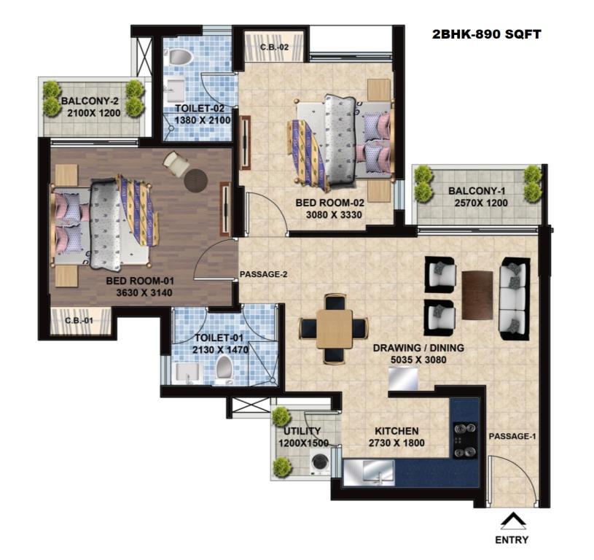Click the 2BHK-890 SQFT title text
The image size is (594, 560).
coord(486,34)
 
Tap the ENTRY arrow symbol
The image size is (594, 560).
coord(513,521)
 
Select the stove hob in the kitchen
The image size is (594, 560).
coord(465,440)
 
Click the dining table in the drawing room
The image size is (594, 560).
coord(335,329)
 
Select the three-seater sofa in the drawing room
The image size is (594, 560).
coord(513,298)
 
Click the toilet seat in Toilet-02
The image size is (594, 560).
coord(180,57)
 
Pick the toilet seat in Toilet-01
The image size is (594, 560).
coord(224,367)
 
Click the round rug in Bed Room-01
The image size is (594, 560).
coord(195,180)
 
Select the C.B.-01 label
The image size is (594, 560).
coord(79,321)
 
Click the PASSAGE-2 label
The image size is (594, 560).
coord(264,274)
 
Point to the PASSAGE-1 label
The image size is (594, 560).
coord(512,437)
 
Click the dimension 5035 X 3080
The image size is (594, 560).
coord(418,359)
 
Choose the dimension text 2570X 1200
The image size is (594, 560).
coord(481,203)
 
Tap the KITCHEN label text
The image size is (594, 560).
coord(396,431)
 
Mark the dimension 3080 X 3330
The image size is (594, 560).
coord(334,215)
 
